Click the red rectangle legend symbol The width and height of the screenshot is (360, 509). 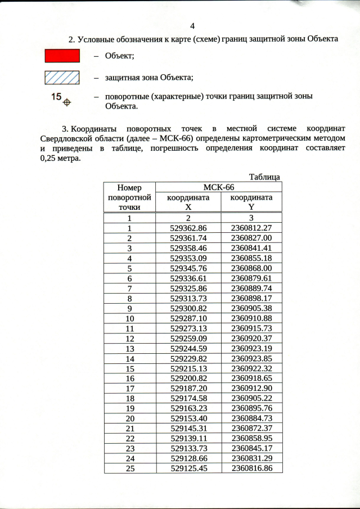(62, 55)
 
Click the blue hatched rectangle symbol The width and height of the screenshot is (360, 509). (62, 77)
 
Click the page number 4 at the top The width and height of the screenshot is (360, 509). (192, 26)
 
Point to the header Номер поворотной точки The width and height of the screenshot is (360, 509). (129, 197)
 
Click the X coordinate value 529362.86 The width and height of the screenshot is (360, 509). (188, 228)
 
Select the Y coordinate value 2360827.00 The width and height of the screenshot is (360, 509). (251, 238)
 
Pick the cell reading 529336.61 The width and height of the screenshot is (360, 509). (188, 278)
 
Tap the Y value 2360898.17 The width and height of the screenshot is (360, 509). (251, 298)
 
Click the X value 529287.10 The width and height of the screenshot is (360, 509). (188, 318)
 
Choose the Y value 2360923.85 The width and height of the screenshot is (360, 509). (251, 358)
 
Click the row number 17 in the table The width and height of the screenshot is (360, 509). (129, 389)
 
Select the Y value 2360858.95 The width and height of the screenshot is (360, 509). (251, 439)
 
